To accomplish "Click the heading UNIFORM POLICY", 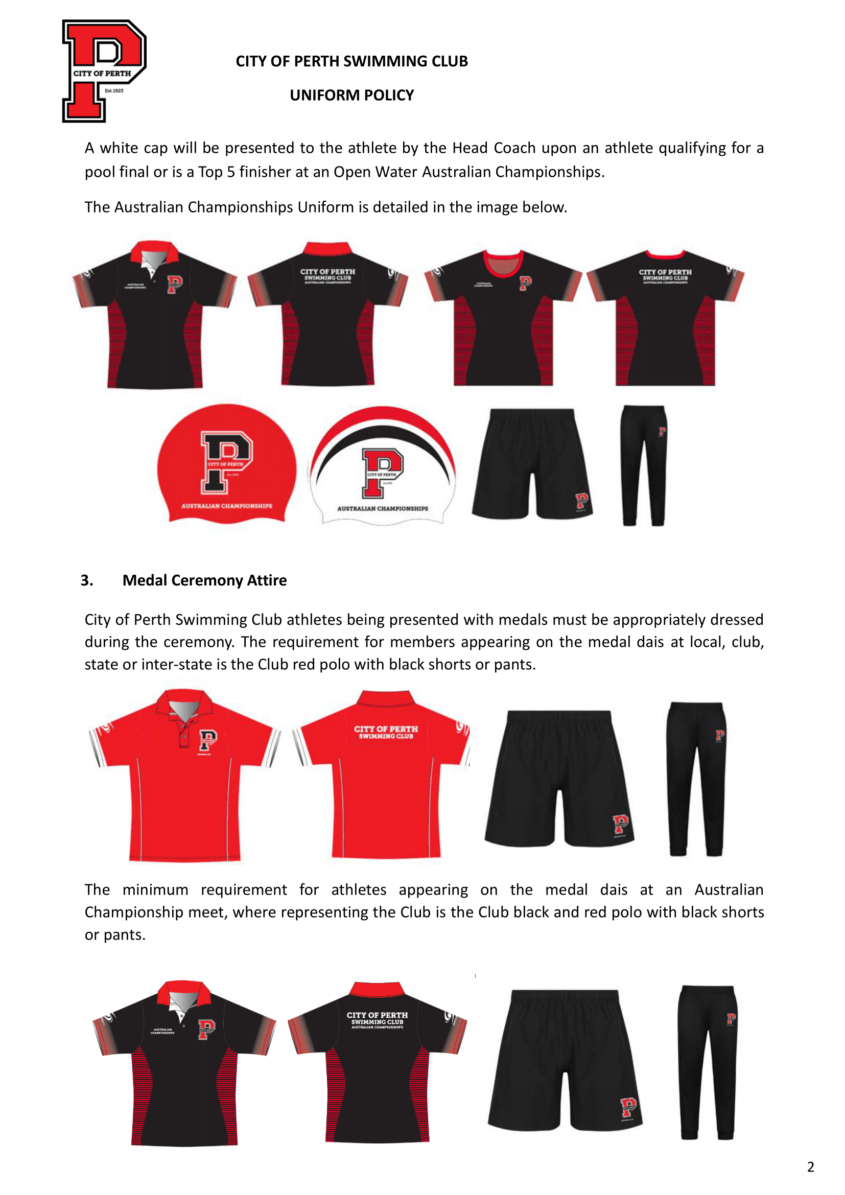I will click(351, 95).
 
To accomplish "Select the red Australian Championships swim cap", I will click(226, 463).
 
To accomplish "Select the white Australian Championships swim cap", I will click(383, 466).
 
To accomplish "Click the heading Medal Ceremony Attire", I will click(204, 580).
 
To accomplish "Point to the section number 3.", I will click(87, 580).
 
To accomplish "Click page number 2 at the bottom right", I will click(810, 1167).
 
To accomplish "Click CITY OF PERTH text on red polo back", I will click(386, 729).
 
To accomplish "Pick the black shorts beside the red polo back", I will click(559, 778).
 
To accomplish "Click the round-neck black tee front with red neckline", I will click(503, 317).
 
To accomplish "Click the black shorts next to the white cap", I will click(532, 463).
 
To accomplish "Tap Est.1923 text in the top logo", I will click(114, 90).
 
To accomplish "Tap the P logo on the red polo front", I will click(208, 739).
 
